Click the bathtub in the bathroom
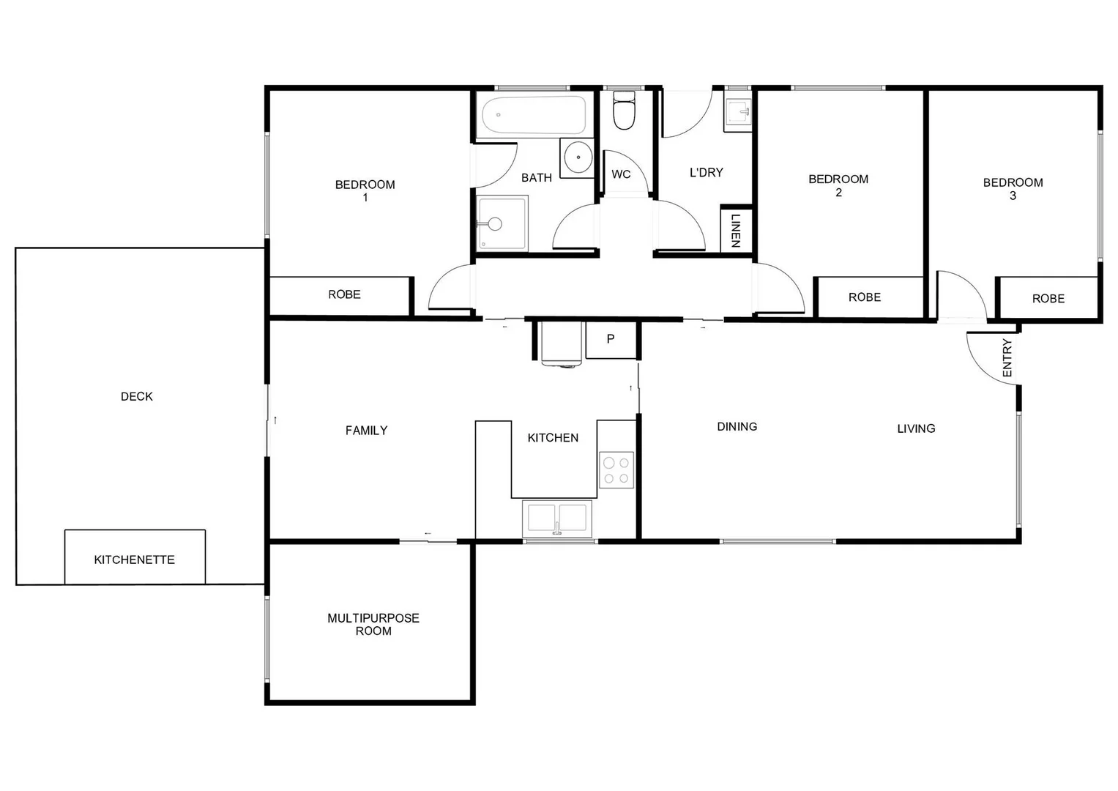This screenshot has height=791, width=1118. click(x=534, y=115)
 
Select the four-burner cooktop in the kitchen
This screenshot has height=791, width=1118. click(x=616, y=470)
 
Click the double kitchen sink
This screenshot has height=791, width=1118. click(x=557, y=517)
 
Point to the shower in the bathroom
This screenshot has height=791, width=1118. click(x=502, y=223)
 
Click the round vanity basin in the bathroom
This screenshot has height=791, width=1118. click(x=578, y=157)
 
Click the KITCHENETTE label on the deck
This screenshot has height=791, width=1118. click(x=135, y=560)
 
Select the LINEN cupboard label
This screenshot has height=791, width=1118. click(x=736, y=229)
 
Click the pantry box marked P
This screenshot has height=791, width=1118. click(x=611, y=340)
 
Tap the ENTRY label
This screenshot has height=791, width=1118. click(x=1007, y=358)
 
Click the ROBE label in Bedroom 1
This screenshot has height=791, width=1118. click(x=344, y=294)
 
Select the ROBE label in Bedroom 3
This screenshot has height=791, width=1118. click(x=1048, y=299)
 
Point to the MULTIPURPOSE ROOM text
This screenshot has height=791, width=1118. click(x=373, y=625)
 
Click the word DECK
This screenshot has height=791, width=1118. click(x=137, y=396)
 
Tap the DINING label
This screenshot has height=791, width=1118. click(x=737, y=426)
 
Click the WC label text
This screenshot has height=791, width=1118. click(x=621, y=174)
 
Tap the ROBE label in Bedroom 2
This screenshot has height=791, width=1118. click(x=865, y=297)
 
